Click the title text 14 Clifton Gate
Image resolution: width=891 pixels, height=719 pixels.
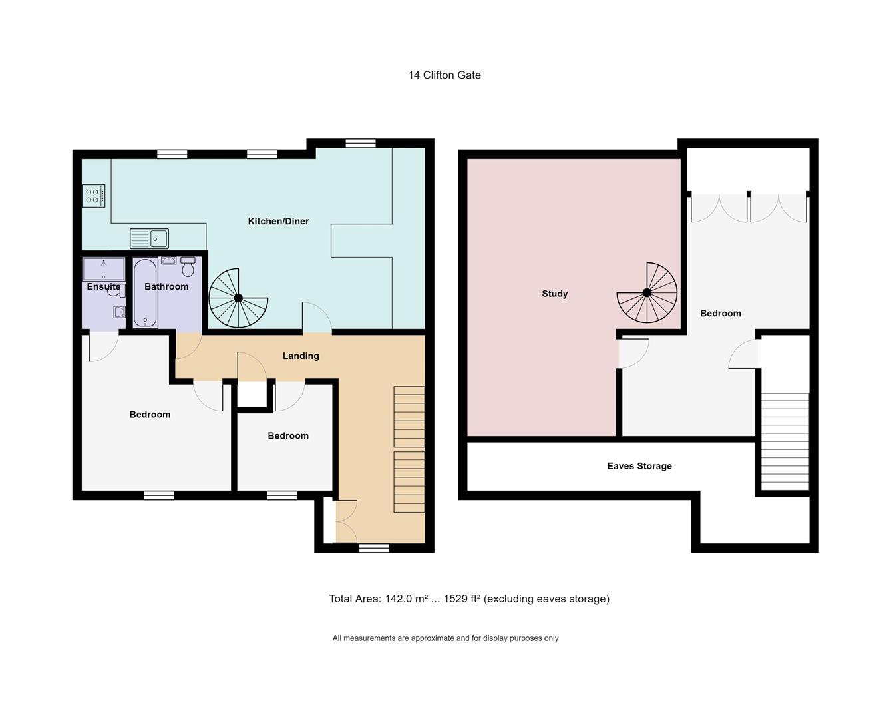coord(445,75)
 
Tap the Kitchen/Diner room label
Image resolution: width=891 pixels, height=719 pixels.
coord(278,221)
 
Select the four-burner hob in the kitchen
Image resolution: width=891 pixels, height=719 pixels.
coord(93,196)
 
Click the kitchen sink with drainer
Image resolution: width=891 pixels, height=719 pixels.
coord(149,238)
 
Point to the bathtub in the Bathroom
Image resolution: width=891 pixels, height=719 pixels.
coord(145,294)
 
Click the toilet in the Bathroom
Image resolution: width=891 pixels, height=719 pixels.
coord(188,267)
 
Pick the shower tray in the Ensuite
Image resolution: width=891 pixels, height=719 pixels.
coord(104,269)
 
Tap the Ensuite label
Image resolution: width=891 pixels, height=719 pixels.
coord(104,287)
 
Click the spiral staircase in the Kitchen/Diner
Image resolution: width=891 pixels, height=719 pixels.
coord(238,298)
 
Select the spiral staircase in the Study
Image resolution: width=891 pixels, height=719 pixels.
coord(647,293)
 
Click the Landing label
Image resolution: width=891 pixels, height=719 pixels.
coord(301,356)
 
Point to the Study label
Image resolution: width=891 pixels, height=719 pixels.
coord(554,294)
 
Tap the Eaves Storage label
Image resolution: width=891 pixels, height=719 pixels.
coord(639,466)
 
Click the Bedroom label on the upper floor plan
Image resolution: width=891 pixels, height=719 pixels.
coord(720,313)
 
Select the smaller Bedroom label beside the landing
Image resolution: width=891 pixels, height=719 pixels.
coord(287,435)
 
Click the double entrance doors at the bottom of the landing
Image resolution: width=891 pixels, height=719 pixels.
coord(346,521)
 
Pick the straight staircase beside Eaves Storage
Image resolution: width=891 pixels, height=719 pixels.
coord(785,441)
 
